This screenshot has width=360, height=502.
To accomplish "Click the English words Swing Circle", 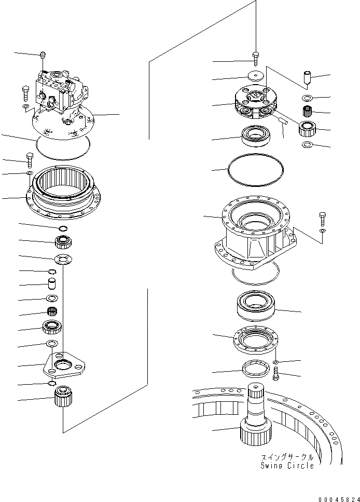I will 287,466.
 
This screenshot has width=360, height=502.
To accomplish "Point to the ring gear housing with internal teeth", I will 64,191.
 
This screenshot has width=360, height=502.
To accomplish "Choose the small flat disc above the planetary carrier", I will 255,76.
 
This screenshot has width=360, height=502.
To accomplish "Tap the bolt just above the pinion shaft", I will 275,372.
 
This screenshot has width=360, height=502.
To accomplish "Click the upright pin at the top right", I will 307,79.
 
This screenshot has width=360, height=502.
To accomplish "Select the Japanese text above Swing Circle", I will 288,457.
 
